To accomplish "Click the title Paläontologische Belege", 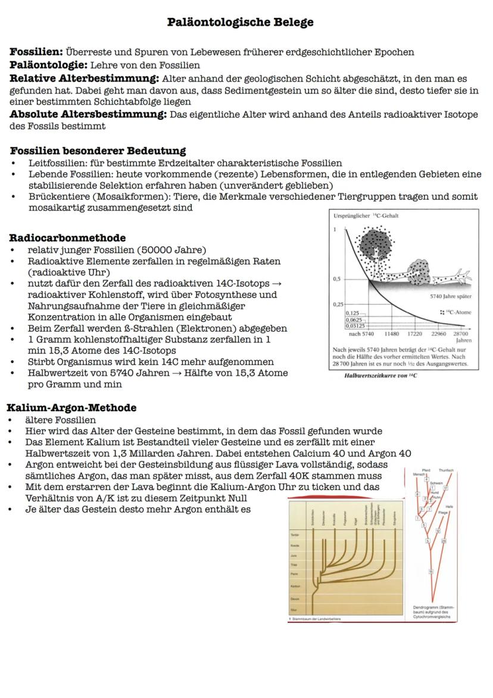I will point(240,23).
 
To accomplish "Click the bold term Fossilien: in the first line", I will point(36,52).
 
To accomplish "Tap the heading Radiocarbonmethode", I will point(67,238).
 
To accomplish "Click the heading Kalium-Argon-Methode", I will point(71,408).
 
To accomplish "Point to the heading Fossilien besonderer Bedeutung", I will point(98,151).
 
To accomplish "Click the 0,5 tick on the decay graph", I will point(337,279).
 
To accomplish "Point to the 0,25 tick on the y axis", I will point(338,304).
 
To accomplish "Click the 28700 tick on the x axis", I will point(461,334).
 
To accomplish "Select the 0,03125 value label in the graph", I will point(355,325).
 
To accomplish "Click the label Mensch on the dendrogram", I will point(420,474).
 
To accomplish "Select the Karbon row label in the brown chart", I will point(294,587).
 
